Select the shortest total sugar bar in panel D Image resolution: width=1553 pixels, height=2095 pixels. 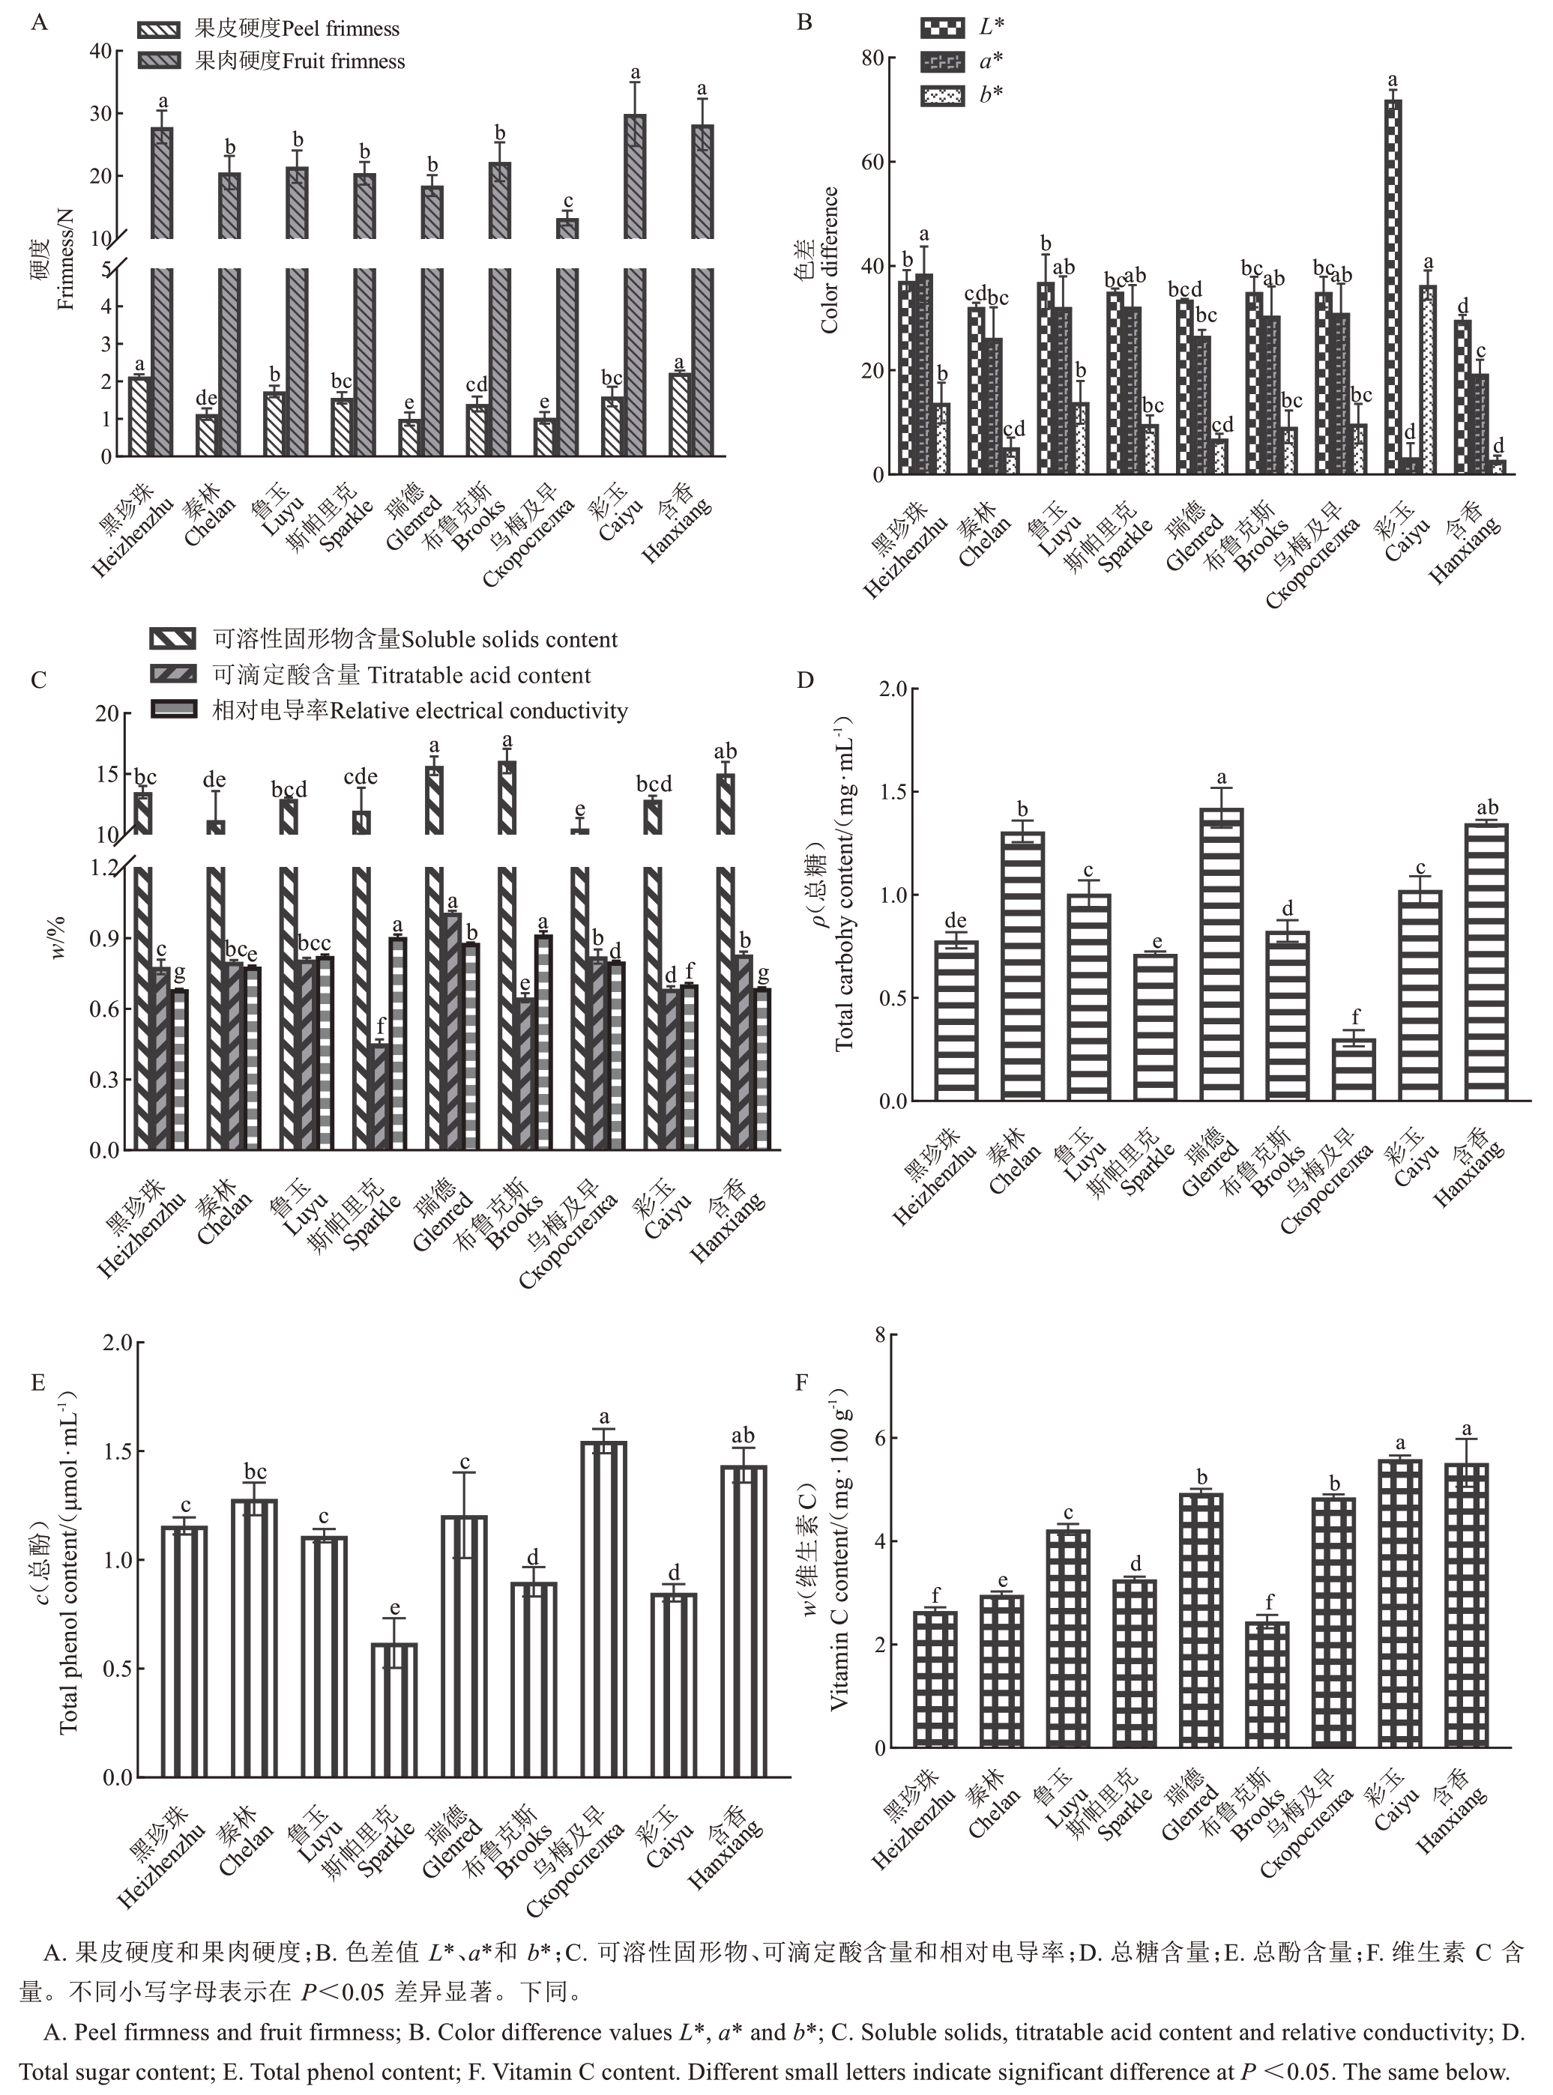coord(1354,1069)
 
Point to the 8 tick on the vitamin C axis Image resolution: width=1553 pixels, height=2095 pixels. coord(880,1335)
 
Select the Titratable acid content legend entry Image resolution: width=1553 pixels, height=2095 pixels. coord(402,676)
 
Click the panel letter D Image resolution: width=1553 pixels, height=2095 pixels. coord(805,680)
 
